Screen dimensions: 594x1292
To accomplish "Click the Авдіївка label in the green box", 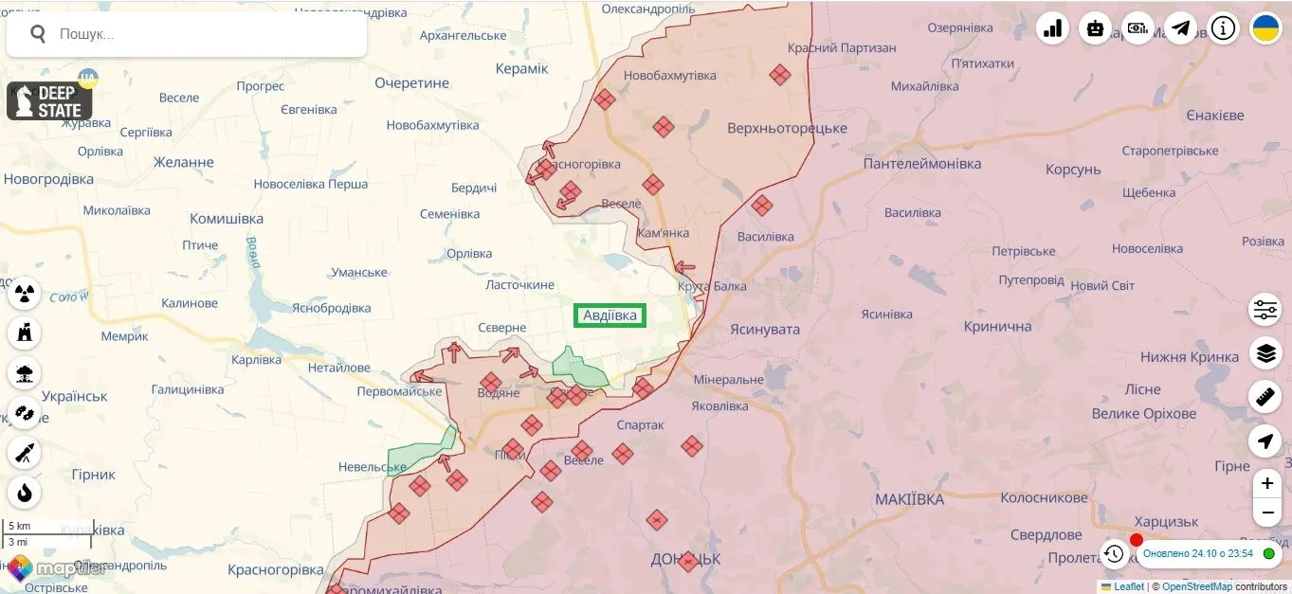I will click(x=610, y=315).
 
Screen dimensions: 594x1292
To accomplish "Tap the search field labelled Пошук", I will click(x=190, y=34).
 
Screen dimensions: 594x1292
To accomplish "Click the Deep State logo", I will click(x=49, y=101).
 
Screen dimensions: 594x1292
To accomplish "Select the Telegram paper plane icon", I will click(x=1180, y=28).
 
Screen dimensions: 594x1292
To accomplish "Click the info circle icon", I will click(x=1223, y=28).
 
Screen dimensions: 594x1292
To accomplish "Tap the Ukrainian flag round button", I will click(x=1265, y=28).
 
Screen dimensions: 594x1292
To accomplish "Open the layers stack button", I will click(x=1265, y=353).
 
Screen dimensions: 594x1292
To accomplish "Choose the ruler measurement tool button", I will click(x=1265, y=397).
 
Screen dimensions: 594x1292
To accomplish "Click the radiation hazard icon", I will click(x=25, y=293).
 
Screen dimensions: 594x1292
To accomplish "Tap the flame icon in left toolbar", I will click(x=25, y=492).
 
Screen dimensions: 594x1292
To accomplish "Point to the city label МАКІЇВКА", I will click(x=909, y=499).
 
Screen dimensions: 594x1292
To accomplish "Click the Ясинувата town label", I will click(x=764, y=330).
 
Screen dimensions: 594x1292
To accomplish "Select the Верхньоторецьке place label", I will click(x=787, y=128).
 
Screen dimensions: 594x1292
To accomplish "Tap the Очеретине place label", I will click(x=411, y=83).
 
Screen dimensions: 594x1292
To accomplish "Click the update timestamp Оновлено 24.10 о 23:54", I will click(x=1197, y=553).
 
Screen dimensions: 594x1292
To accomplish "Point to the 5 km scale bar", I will click(x=47, y=527).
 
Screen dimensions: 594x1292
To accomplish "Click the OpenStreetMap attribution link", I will click(x=1197, y=586).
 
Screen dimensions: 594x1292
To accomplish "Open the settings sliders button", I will click(x=1265, y=310).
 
